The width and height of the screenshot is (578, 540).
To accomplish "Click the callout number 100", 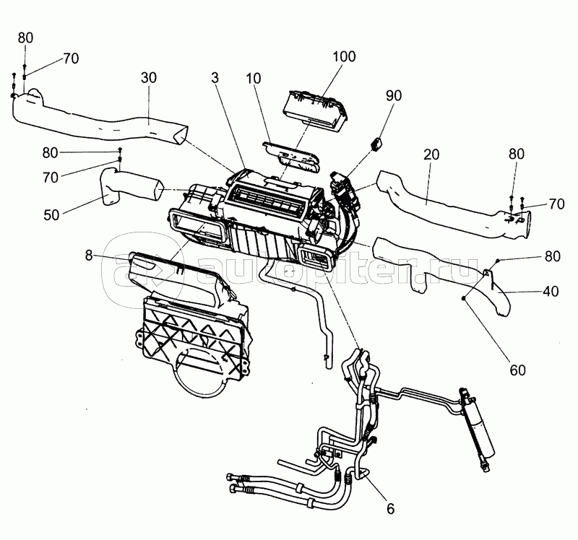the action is (x=344, y=57).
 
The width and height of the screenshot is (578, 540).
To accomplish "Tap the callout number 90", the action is (x=393, y=96).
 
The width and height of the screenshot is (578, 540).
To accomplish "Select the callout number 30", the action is (x=149, y=78).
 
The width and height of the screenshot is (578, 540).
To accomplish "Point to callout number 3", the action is (x=215, y=78).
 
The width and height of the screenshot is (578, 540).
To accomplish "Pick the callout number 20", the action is (x=431, y=154).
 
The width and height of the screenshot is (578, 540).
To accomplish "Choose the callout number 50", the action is (x=51, y=214).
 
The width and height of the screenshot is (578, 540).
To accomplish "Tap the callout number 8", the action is (x=88, y=255).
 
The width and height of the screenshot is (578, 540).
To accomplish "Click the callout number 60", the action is (x=517, y=370).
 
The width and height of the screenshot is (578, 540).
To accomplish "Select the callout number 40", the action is (x=551, y=292).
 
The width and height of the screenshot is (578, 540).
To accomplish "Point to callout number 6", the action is (x=390, y=509).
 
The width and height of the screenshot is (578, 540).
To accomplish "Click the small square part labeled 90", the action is (x=376, y=143).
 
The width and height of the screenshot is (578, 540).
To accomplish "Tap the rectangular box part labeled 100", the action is (x=315, y=110).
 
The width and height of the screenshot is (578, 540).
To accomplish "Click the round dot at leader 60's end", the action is (x=464, y=297).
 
